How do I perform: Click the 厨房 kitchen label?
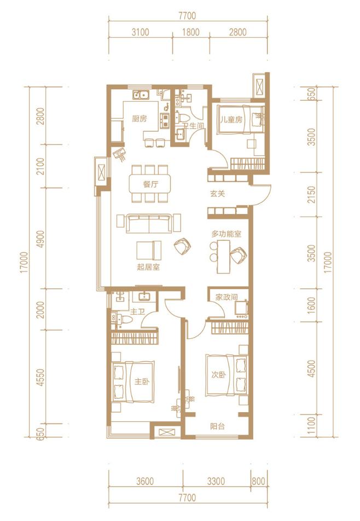point(140,119)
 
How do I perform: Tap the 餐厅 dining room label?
point(150,184)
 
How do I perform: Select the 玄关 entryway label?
point(218,193)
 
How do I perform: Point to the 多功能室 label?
point(226,234)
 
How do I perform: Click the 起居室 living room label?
point(148,267)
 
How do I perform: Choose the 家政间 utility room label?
point(227,297)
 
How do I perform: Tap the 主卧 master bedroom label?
point(142,381)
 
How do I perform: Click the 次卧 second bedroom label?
point(219,375)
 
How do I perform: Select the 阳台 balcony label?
point(218,426)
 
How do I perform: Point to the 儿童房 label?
point(231,120)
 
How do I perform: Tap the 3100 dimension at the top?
point(141,32)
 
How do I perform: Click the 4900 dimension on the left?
point(40,239)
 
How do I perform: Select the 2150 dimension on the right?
point(311,195)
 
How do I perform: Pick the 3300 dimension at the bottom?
point(216,481)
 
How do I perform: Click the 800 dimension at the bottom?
point(259,481)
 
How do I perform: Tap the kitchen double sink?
point(141,95)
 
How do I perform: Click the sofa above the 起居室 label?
point(149,223)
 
